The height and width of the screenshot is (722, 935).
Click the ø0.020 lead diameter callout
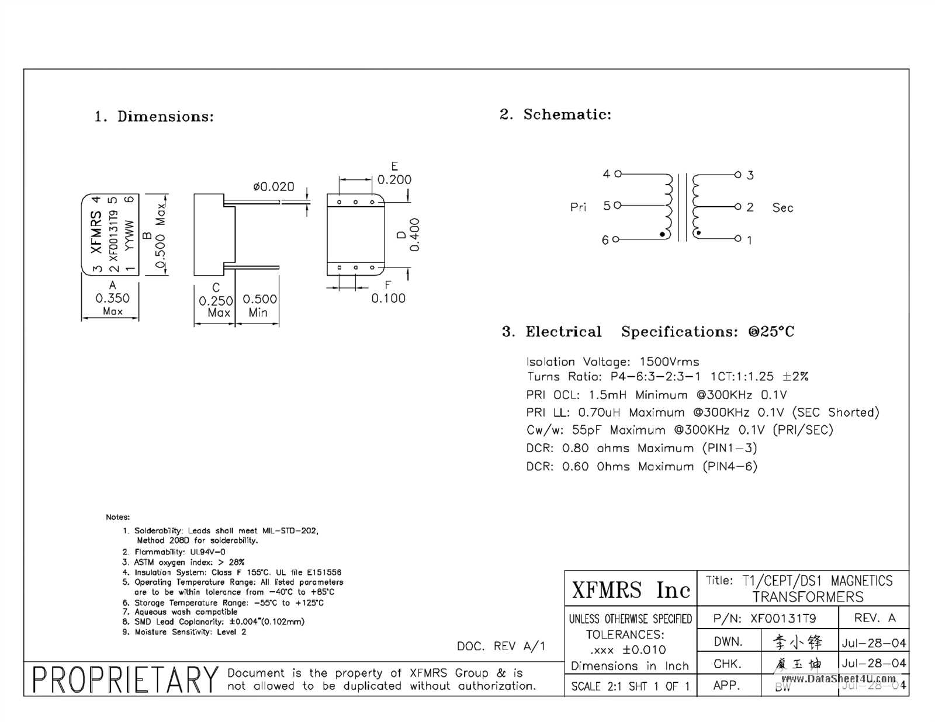(273, 187)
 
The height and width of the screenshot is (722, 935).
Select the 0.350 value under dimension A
(112, 298)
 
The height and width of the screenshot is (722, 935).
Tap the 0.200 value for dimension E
(394, 180)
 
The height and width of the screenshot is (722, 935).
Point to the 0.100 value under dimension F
(388, 298)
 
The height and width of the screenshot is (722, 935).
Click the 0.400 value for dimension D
(414, 234)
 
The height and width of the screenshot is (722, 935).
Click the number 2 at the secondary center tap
(750, 207)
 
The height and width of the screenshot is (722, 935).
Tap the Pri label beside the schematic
(578, 207)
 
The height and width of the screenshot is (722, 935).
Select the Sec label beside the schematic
(782, 208)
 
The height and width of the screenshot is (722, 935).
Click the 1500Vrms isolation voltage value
(669, 362)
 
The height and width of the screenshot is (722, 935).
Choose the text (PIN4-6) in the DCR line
(730, 467)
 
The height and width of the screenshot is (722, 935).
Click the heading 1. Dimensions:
(154, 117)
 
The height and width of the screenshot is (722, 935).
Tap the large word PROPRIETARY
(125, 680)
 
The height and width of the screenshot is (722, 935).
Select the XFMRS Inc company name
(631, 590)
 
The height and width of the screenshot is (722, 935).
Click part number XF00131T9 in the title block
(783, 619)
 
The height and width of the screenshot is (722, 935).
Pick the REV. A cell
(874, 618)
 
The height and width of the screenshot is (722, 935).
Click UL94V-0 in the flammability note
(207, 552)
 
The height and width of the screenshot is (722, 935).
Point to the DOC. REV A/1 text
(501, 646)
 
